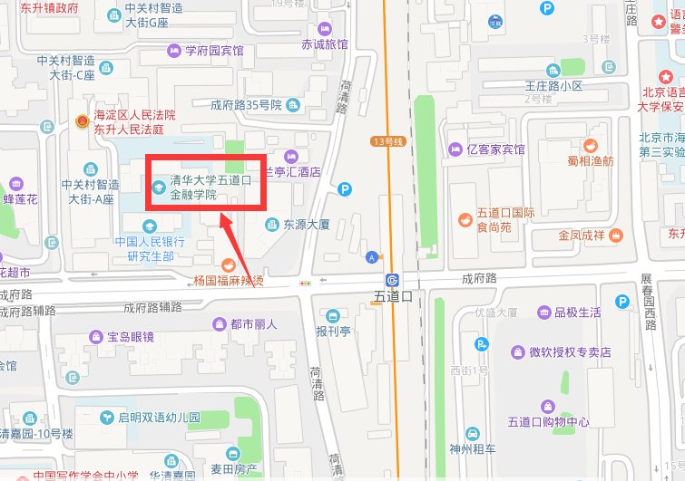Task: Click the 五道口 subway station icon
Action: point(392,279)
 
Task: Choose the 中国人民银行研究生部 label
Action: point(150,249)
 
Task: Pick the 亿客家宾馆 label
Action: point(495,149)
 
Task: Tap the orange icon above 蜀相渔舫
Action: point(591,144)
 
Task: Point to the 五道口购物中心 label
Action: point(548,422)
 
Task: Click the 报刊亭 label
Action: point(333,331)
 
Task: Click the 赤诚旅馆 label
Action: point(325,43)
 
